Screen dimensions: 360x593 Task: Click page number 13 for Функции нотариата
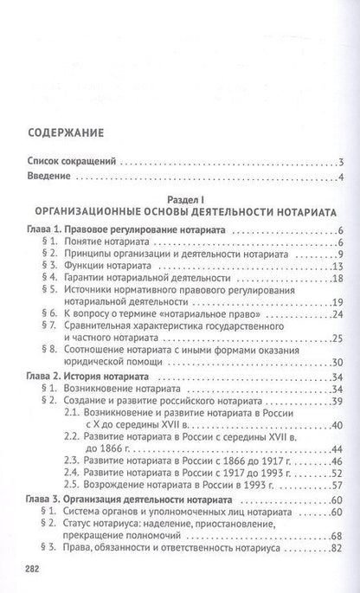click(339, 266)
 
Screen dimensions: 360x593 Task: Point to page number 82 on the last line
click(339, 548)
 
